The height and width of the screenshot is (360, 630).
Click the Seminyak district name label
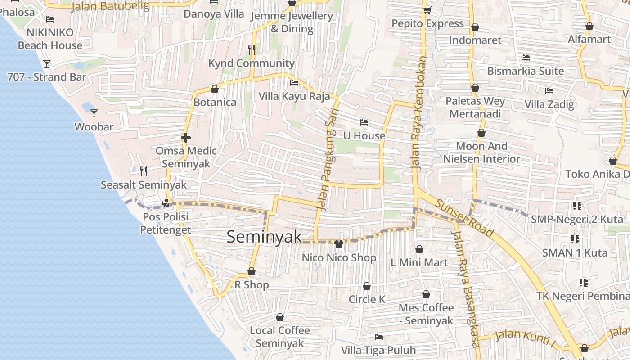pos(264,237)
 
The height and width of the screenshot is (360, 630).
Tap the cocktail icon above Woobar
pos(94,113)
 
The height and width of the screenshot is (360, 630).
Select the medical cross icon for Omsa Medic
pos(186,138)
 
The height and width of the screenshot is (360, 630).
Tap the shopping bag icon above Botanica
pos(215,89)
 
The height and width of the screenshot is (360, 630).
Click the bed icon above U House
pos(364,122)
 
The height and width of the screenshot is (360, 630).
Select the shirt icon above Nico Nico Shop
pos(339,244)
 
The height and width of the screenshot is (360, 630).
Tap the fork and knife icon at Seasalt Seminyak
pos(144,171)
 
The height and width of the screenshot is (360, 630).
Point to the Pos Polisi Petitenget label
pos(165,223)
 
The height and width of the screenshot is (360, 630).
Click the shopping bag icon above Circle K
pos(367,287)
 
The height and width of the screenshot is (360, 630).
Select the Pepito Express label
pos(427,23)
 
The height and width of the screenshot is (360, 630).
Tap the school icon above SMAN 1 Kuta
pos(575,239)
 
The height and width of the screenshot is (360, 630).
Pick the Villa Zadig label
pos(549,104)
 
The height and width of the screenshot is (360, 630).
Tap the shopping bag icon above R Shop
pos(252,272)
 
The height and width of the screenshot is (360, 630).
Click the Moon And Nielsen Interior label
pos(481,153)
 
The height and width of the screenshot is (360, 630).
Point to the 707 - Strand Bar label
pos(46,77)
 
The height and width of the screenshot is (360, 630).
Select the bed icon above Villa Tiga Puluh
pos(379,337)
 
